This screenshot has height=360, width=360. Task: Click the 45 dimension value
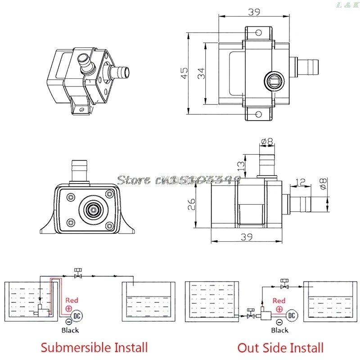(184, 73)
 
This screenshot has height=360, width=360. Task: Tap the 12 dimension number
(300, 182)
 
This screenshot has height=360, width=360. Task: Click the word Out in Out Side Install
(247, 347)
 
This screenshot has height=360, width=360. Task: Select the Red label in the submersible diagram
(72, 300)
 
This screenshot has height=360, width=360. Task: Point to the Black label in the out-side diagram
(279, 330)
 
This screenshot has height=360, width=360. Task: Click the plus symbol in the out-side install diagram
(279, 309)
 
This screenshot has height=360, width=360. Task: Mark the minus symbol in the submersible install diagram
(69, 322)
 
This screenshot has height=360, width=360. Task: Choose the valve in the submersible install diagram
(78, 273)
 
